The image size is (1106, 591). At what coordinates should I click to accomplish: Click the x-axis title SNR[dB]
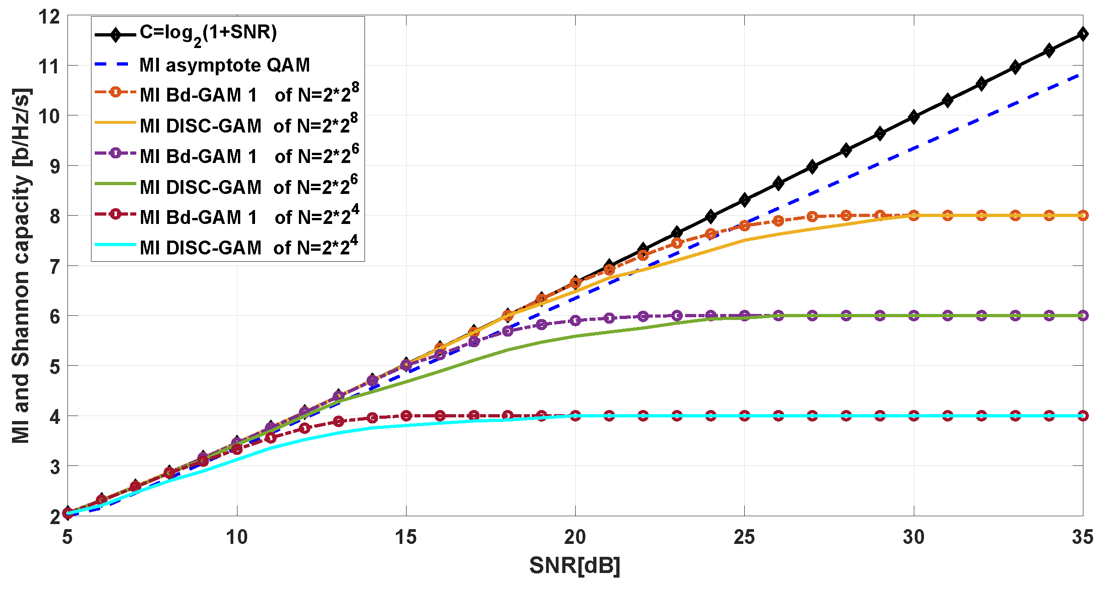click(x=575, y=566)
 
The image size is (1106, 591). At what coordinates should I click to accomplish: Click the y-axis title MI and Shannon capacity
click(x=21, y=265)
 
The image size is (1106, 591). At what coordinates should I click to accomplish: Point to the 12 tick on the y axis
click(x=49, y=17)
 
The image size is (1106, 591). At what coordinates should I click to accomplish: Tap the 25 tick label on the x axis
click(x=744, y=537)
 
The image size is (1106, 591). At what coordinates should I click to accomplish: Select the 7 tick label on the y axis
click(x=55, y=266)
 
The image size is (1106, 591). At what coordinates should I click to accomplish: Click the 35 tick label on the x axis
click(x=1082, y=537)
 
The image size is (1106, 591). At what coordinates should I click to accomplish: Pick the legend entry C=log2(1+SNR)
click(x=208, y=33)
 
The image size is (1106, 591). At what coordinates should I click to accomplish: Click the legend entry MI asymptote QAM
click(x=225, y=65)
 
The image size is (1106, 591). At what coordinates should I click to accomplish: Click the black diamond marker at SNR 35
click(x=1082, y=34)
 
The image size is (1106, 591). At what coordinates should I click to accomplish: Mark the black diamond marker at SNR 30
click(x=913, y=117)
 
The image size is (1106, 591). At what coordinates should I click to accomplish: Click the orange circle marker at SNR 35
click(x=1083, y=216)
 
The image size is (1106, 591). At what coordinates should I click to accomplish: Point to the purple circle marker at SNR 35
click(x=1083, y=316)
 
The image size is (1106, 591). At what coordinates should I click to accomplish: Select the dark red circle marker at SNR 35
click(x=1083, y=416)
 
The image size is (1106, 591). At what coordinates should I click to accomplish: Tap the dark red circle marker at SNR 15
click(x=406, y=416)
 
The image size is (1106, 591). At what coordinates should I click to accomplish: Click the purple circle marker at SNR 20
click(x=575, y=320)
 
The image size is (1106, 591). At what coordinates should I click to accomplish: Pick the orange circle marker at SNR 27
click(x=812, y=217)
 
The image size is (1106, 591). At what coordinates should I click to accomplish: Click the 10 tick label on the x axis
click(x=237, y=537)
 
